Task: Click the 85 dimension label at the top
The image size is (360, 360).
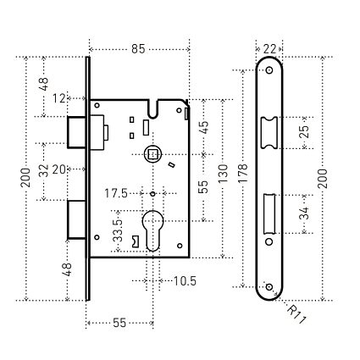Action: pos(138,49)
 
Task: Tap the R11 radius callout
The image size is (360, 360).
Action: pos(296,314)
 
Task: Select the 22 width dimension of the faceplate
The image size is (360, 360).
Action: pos(269,49)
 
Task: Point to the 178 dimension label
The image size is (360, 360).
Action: pos(243,173)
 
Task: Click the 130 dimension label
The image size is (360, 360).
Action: pos(223,173)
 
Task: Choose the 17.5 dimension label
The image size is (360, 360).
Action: pos(116,194)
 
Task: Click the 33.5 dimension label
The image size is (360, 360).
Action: pos(118,231)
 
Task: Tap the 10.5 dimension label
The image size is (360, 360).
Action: pos(185,281)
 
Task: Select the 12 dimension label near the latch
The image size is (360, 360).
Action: pos(59,98)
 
